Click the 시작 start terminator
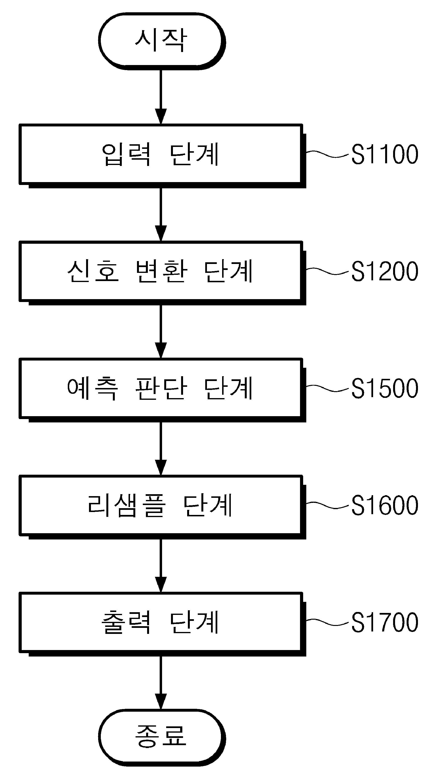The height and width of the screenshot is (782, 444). click(162, 41)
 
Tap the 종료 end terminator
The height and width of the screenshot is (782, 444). click(162, 737)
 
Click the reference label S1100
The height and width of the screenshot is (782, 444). click(385, 154)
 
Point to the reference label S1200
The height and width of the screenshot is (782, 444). click(385, 271)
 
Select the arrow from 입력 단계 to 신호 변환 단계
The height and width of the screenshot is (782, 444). click(161, 215)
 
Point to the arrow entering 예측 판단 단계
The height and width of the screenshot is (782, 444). click(161, 332)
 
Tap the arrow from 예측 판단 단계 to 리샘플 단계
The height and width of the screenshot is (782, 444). click(161, 448)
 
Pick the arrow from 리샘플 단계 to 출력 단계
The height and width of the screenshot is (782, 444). click(161, 565)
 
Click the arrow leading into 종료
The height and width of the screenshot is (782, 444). click(161, 683)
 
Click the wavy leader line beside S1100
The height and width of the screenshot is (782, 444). click(328, 154)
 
